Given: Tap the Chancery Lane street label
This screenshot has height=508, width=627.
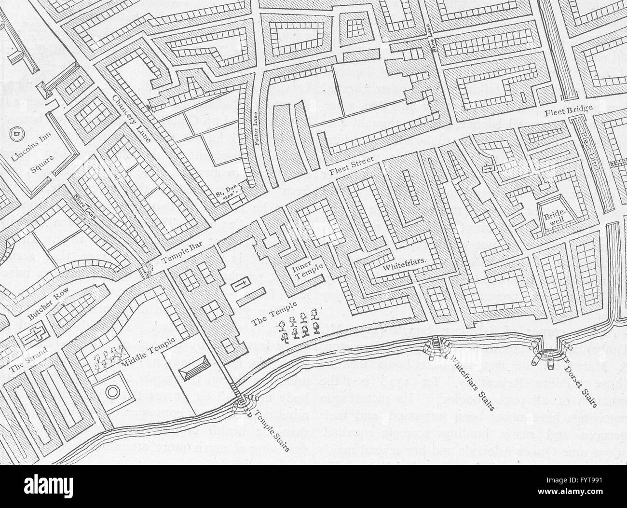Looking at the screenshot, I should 132,118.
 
